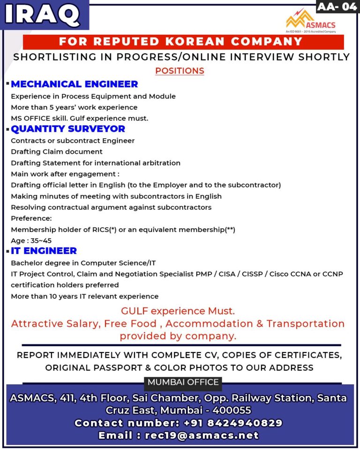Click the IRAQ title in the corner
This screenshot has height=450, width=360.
tap(43, 15)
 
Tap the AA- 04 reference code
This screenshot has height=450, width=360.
tap(337, 7)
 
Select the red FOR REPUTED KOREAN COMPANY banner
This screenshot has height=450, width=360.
tap(181, 42)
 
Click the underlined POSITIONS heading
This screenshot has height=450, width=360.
tap(180, 71)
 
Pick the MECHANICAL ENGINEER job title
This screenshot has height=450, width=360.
tap(75, 84)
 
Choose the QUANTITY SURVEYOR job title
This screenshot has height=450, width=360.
tap(68, 129)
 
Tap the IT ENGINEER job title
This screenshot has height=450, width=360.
tap(44, 251)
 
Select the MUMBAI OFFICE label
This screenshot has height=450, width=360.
tap(183, 382)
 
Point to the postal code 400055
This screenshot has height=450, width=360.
tap(232, 411)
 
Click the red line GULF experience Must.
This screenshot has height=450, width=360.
tap(178, 311)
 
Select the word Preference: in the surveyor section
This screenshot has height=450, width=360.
tap(31, 218)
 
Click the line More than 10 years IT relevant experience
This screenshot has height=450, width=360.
tap(85, 296)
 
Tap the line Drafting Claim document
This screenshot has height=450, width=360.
tap(57, 152)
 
